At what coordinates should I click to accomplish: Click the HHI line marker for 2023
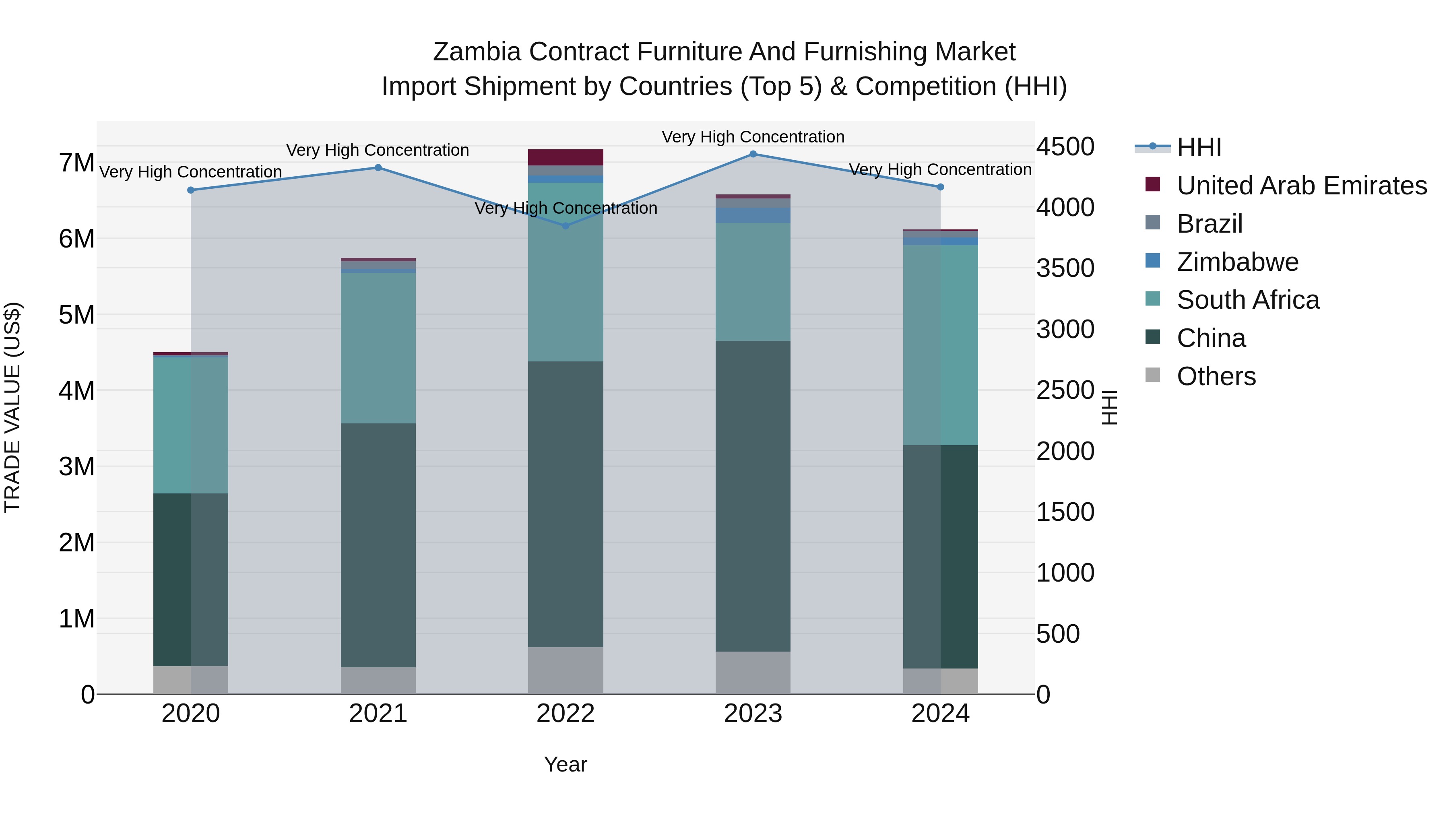click(753, 154)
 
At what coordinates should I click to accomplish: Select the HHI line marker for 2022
click(566, 225)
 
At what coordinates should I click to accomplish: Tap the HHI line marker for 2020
click(191, 190)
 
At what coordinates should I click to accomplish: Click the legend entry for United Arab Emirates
click(1301, 186)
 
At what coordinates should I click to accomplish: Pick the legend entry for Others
click(1216, 376)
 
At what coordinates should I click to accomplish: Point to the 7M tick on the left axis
click(76, 163)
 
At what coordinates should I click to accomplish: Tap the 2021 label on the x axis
click(378, 714)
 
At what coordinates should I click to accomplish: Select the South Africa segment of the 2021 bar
click(378, 348)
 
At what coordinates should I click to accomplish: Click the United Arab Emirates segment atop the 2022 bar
click(566, 157)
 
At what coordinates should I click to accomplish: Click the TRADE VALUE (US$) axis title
click(12, 407)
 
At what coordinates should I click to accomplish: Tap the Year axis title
click(566, 764)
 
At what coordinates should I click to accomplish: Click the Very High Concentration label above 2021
click(378, 150)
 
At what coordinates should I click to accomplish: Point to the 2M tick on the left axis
click(76, 543)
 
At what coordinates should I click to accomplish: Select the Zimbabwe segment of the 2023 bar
click(753, 215)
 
